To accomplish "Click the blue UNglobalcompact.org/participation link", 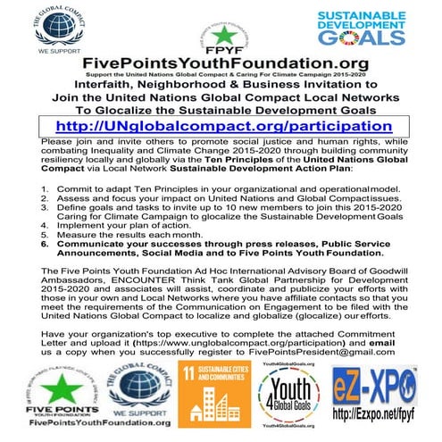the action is pos(221,125).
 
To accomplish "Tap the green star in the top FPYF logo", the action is pos(219,33).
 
